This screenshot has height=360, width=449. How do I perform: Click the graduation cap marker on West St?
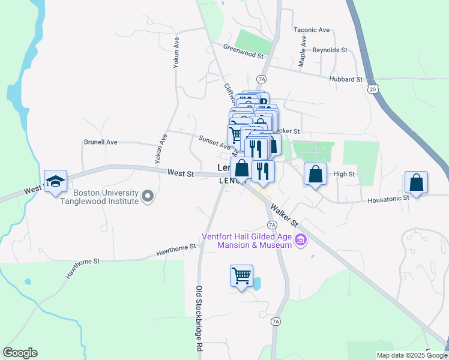pos(55,181)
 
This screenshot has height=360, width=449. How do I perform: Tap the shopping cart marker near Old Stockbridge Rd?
pos(241,276)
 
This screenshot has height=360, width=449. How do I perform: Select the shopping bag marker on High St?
pos(315,175)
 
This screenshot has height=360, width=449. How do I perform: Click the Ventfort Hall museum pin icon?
pos(301,241)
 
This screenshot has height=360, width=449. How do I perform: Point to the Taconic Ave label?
pos(312,29)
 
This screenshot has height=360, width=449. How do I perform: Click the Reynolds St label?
pos(330,50)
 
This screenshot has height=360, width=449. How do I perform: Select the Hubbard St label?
pos(346,79)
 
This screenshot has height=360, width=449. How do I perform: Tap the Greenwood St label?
pos(243,51)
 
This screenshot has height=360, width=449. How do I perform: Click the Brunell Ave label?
pos(100,142)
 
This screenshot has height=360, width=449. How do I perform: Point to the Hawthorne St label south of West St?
pos(176,247)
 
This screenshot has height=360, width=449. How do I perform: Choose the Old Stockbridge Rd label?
pos(199,318)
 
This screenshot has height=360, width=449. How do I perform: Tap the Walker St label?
pos(284,214)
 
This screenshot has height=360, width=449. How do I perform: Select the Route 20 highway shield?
pos(373,89)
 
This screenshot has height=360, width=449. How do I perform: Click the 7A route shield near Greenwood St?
pos(261,79)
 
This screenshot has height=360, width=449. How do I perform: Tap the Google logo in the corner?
pos(20,353)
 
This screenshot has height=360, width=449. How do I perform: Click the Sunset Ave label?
pos(214,143)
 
